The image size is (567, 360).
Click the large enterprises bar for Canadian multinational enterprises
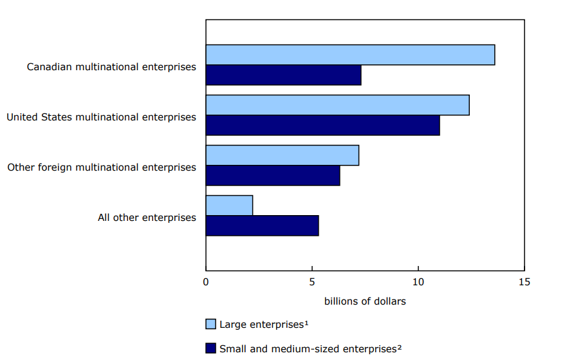pos(350,55)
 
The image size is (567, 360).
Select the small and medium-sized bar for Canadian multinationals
pos(283,75)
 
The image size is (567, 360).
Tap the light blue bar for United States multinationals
pos(337,105)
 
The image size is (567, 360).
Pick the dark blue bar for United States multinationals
pos(322,125)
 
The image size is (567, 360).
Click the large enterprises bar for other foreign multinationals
pos(282,155)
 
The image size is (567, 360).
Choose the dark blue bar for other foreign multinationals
pos(273,175)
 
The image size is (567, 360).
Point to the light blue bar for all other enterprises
pos(229,205)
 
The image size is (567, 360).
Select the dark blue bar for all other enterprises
pos(262,225)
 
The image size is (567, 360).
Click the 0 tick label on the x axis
pos(206,281)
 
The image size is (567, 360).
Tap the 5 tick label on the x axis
pos(312,281)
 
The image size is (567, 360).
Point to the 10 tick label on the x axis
pos(418,281)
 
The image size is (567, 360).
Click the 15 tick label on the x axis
pos(525,281)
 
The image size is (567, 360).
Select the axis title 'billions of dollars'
pos(365,301)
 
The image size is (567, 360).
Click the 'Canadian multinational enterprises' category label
pos(111,66)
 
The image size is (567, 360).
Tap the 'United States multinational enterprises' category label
pos(101,117)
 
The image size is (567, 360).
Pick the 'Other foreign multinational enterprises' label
pos(102,167)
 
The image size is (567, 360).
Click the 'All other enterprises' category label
pos(147,217)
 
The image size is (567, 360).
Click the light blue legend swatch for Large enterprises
pos(210,323)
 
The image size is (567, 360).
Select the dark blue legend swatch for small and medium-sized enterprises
pos(210,348)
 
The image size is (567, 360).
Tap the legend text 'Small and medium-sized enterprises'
pos(310,348)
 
